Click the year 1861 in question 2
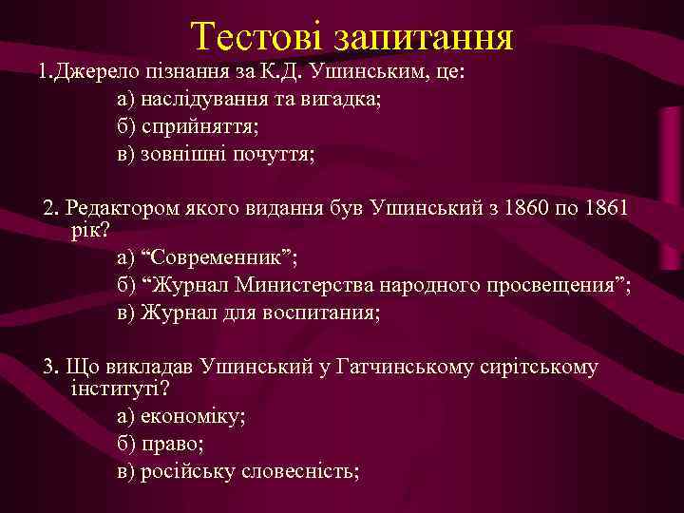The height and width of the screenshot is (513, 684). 602,206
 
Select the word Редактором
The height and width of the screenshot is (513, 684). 123,206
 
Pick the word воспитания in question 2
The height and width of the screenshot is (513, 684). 319,313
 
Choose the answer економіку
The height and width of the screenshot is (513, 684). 193,416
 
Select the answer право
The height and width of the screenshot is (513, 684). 171,444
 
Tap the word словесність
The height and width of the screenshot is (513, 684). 296,470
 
